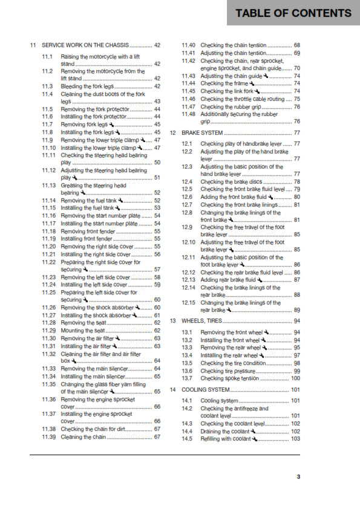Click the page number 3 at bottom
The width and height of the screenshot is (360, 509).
pos(298,477)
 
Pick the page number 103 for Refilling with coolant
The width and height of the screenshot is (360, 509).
pos(295,439)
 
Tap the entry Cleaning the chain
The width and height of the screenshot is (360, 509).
pos(83,436)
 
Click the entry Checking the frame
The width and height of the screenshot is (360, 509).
pos(222,83)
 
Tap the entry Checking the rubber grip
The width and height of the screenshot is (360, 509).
pos(229,106)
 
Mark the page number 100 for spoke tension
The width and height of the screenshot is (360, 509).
pos(295,378)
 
